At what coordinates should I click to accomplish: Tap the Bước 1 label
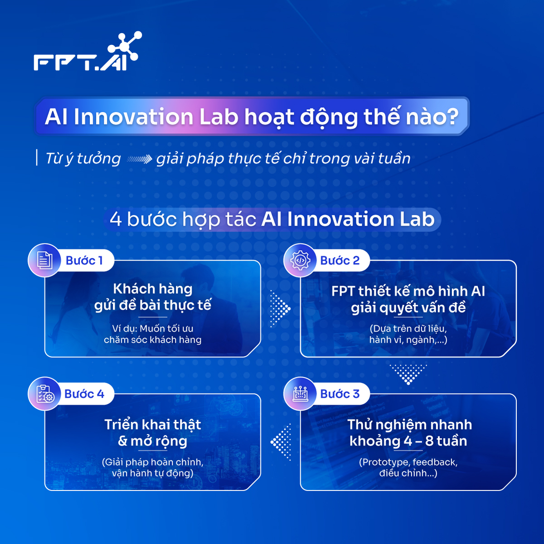[x=84, y=261]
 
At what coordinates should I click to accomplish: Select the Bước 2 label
[x=340, y=261]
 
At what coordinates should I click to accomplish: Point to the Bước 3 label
[x=340, y=394]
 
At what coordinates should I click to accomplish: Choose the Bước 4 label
[x=84, y=394]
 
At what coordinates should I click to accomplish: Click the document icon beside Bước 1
[x=44, y=260]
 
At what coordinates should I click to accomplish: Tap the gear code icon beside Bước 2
[x=300, y=260]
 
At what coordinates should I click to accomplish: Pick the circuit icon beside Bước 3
[x=300, y=393]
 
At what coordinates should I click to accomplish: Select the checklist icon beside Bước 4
[x=44, y=393]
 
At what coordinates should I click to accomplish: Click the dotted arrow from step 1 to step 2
[x=280, y=308]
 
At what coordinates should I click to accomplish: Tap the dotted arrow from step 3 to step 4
[x=282, y=442]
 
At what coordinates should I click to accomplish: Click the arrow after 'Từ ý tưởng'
[x=139, y=159]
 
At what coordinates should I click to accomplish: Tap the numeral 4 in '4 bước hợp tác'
[x=116, y=219]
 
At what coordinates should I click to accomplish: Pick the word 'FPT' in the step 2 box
[x=343, y=291]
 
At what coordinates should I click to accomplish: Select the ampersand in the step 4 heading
[x=122, y=441]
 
